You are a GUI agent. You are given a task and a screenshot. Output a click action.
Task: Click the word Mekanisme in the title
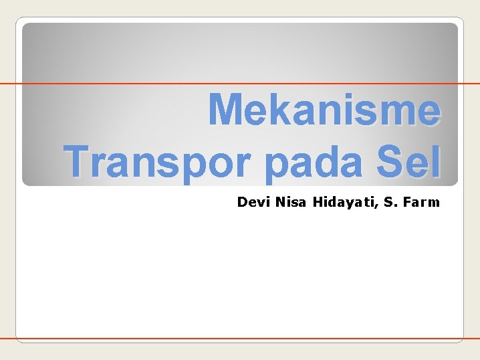[324, 109]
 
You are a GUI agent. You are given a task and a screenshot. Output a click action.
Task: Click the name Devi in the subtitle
[253, 201]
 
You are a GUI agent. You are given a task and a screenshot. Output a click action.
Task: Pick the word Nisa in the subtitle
[289, 201]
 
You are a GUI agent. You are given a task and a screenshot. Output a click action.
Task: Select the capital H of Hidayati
[316, 201]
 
